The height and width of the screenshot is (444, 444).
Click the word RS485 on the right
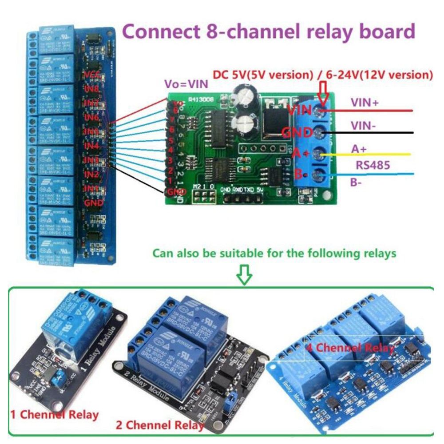point(373,165)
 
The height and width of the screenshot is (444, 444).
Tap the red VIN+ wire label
point(365,103)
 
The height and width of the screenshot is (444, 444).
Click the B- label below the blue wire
point(356,182)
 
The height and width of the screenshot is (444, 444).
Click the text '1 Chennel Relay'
point(54,415)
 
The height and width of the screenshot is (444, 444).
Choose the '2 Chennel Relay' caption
point(160,425)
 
